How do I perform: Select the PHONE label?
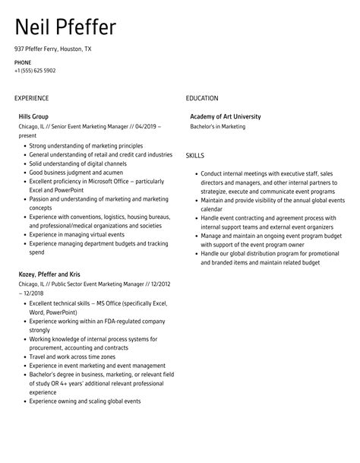click(23, 62)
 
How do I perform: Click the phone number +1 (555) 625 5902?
click(35, 71)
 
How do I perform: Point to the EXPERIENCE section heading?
click(31, 98)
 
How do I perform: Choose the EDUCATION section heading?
click(202, 98)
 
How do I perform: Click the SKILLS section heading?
click(194, 155)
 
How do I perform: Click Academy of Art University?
click(225, 116)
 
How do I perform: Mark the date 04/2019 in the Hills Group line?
click(149, 127)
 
